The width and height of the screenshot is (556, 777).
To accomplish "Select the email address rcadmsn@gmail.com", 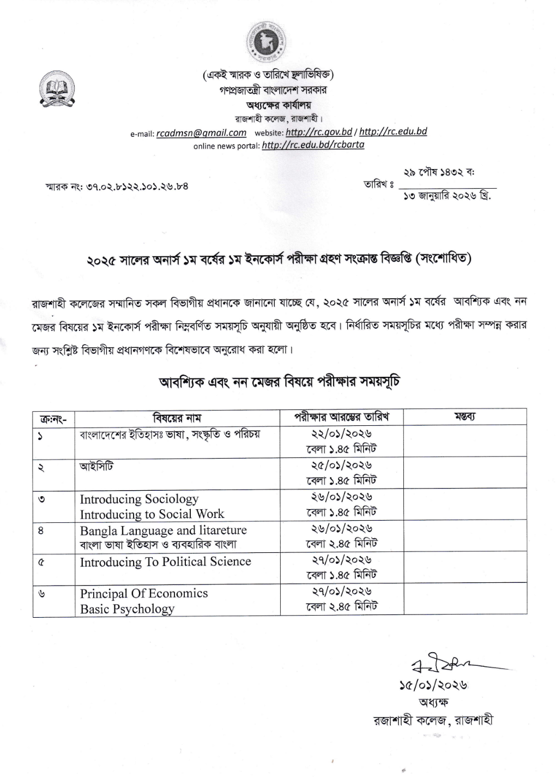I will [201, 133].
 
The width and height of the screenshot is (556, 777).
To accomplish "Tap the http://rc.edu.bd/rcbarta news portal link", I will [313, 145].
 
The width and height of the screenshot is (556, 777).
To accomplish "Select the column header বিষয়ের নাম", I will [177, 418].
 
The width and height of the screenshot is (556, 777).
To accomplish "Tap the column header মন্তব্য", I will [465, 417].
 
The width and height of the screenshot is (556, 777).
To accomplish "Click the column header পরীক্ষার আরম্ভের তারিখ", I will [342, 417].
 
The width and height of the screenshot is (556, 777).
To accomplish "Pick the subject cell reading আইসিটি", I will [96, 467].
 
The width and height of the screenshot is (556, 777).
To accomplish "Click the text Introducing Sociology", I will [139, 499].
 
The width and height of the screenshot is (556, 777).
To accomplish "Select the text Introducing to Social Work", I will [152, 514].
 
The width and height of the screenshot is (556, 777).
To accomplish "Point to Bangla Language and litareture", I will [163, 530].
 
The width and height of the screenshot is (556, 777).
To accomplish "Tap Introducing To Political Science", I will [165, 562].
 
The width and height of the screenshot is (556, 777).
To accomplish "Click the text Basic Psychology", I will [127, 609].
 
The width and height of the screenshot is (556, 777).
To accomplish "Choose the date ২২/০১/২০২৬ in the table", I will [341, 434].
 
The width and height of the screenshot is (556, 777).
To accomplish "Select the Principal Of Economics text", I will [144, 593].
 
